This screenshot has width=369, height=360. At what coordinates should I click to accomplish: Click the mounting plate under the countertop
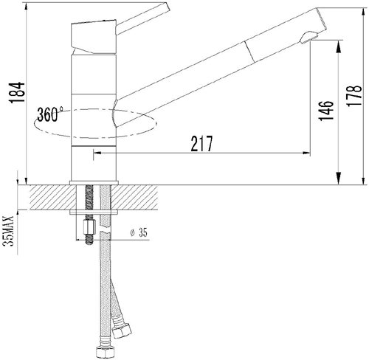pos(94,212)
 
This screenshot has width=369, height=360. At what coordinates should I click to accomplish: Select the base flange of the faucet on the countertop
pos(94,181)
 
